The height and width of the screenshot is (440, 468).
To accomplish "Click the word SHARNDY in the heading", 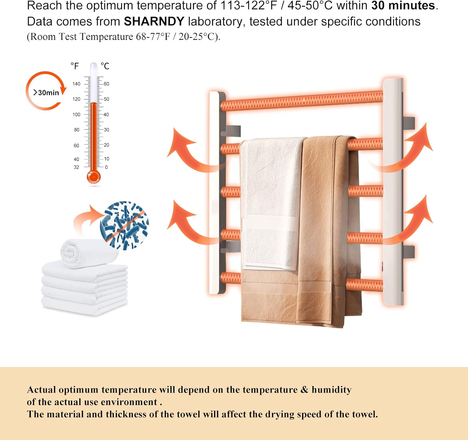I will pos(154,22).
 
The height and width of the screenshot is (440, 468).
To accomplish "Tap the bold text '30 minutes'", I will pos(403,6).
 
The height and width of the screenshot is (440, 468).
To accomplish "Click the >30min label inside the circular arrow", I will pos(46,93).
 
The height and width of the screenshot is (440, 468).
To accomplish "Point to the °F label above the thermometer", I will pos(75,66).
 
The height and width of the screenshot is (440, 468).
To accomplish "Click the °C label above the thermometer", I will pos(105,66).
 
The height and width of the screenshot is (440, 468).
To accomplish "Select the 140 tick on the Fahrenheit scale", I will pos(76,84).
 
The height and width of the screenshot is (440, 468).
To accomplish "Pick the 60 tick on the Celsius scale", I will pos(106,84).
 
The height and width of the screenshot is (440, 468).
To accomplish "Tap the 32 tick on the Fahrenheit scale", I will pos(76,167).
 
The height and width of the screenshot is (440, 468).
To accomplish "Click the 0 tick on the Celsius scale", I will pos(106,167).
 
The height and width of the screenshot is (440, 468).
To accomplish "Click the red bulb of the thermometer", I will pos(94,177).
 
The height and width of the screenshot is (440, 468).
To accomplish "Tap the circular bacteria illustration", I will pos(124,225).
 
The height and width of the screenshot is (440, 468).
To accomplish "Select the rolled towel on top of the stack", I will pos(89,253).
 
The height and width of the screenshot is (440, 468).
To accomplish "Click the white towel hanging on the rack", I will pos(270,203).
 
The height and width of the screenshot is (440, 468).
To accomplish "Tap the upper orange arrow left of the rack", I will pos(187,150).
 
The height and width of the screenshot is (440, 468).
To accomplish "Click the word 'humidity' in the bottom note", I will pos(331,390).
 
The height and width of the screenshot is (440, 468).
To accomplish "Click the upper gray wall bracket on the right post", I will pos(409,122).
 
